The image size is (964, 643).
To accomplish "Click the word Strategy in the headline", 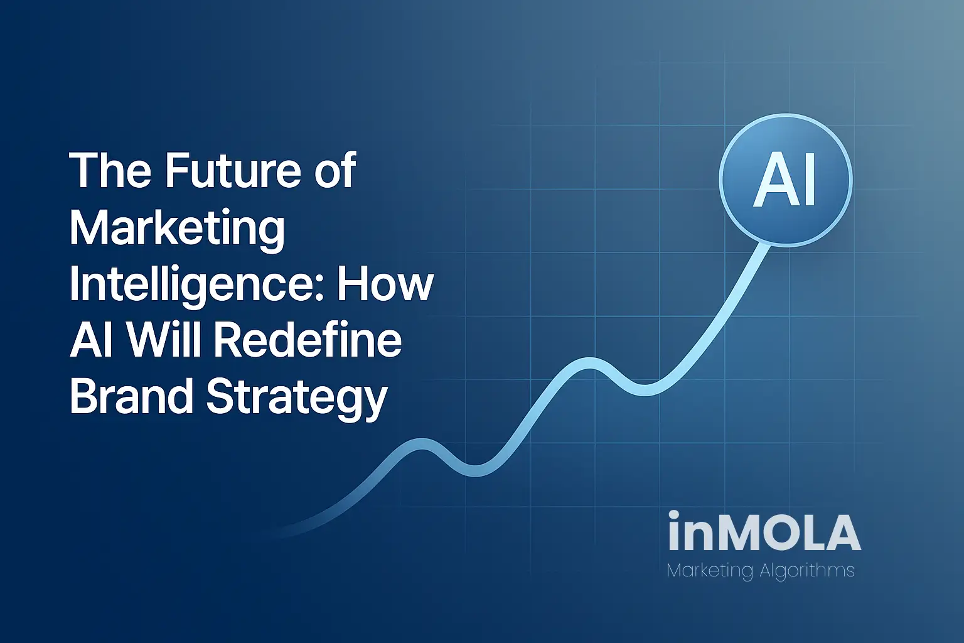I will coord(297,399).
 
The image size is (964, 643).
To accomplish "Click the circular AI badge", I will coord(785,180).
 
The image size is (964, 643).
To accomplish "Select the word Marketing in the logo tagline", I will coord(709,571).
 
